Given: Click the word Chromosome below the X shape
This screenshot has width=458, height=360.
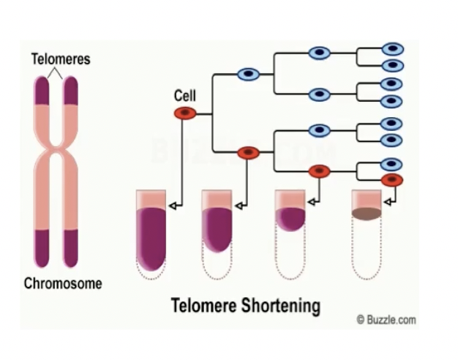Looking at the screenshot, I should pos(63,283).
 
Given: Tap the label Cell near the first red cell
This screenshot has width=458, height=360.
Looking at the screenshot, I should pos(185,96).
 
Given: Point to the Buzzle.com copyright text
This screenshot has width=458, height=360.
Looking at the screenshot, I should pos(386,320).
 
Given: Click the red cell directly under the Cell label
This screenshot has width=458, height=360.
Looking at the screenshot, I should pos(184,113).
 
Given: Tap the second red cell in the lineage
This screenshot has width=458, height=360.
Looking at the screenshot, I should pos(249,152).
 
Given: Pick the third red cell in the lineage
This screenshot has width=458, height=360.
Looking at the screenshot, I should pos(319,171).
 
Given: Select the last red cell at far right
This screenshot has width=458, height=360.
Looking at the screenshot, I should pos(392,179).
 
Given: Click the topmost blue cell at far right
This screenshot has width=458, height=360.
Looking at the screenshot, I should pos(392,49).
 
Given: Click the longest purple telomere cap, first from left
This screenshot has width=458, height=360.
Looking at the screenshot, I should pos(151,236).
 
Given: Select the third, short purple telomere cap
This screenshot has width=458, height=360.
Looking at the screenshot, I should pos(289,219).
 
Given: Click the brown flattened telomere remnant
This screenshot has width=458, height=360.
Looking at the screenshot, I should pos(366,214).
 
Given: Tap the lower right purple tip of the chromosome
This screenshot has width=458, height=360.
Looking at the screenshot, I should pos(71,247).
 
